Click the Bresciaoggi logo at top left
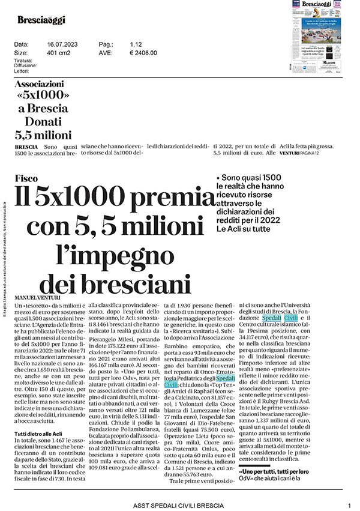[41, 20]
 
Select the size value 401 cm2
[60, 53]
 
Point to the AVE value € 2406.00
[143, 53]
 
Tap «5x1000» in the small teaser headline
[44, 97]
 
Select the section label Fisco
[28, 178]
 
